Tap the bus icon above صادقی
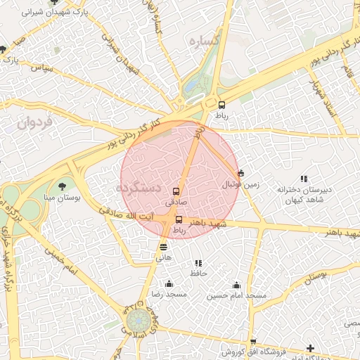click(176, 191)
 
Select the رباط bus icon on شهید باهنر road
click(179, 219)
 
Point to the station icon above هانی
click(164, 247)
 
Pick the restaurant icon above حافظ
click(198, 263)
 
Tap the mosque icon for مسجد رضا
click(168, 284)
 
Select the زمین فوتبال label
click(241, 185)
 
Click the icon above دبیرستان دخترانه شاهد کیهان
click(304, 179)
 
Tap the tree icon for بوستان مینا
click(63, 187)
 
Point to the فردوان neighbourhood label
click(34, 123)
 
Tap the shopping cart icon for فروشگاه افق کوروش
click(253, 342)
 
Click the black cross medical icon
click(311, 348)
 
